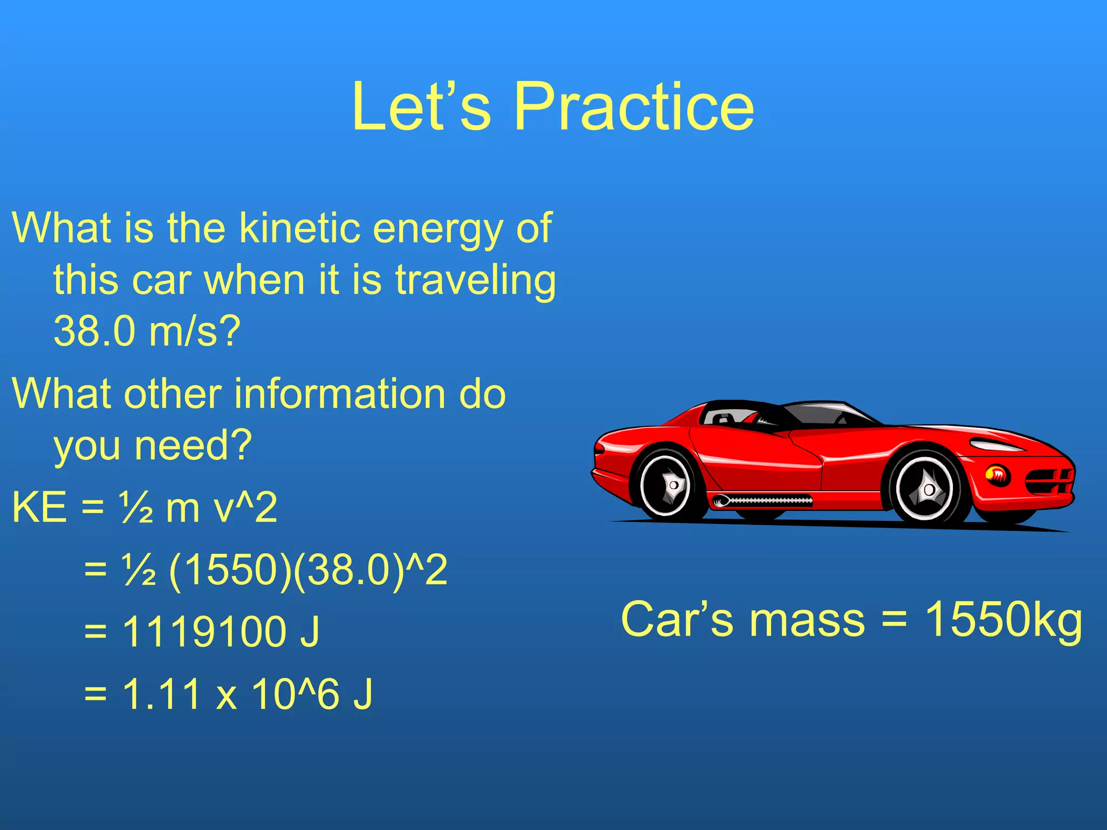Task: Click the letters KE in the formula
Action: [39, 507]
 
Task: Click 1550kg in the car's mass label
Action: [1003, 620]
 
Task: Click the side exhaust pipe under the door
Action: [762, 501]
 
